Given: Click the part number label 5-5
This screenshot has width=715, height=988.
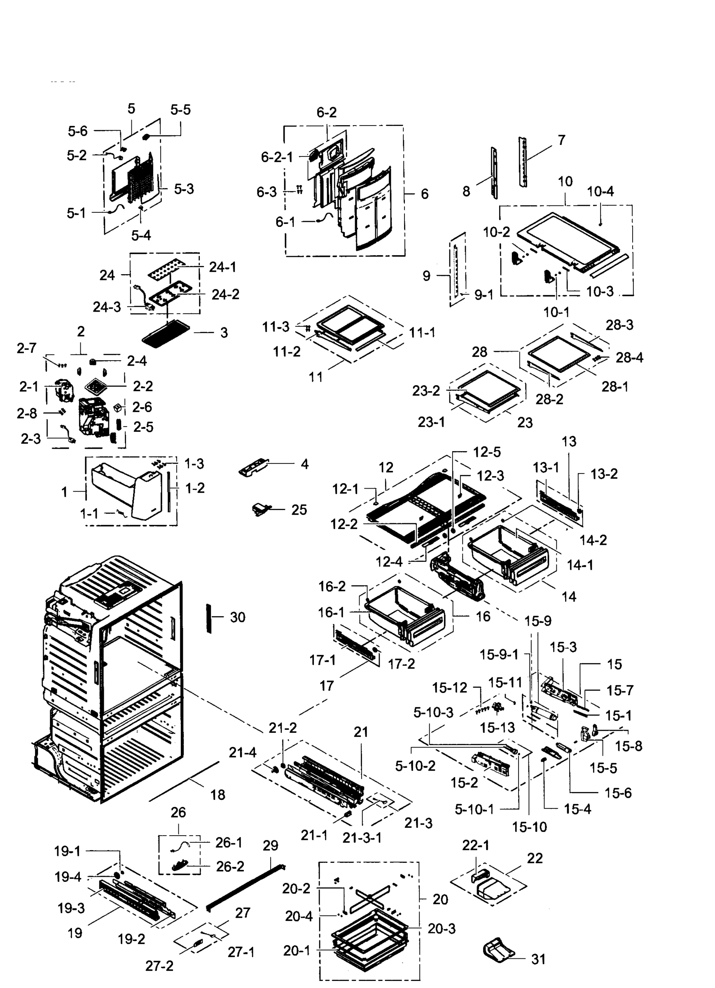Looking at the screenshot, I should [180, 110].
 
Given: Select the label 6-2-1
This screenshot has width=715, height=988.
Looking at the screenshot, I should [277, 157].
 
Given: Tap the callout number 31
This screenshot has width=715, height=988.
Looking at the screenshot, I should [539, 959].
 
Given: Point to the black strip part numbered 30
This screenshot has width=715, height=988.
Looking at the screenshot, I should [209, 618].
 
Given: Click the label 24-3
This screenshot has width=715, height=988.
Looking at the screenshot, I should [107, 307].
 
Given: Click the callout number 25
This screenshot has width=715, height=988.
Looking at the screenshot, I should [299, 510].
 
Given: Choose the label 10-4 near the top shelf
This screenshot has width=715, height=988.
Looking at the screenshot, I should [600, 191].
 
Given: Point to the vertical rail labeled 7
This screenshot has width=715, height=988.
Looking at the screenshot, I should [522, 162].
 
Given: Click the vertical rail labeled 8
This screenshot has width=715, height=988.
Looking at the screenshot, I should [495, 173].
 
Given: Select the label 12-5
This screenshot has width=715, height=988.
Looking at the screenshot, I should [487, 452].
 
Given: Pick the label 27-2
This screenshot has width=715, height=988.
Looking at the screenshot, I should [159, 966].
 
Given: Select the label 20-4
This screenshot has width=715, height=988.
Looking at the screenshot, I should [299, 916].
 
